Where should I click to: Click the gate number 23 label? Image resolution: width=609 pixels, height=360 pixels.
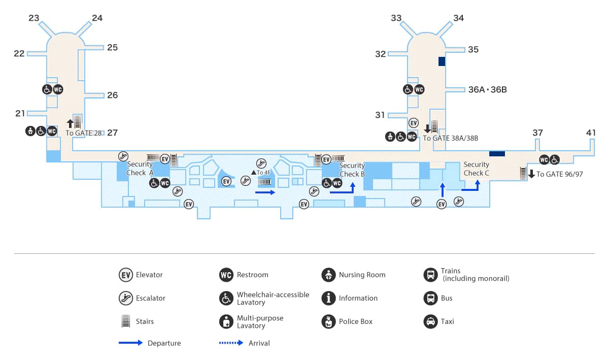click(x=34, y=18)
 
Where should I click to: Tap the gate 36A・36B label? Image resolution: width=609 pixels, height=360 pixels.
click(x=487, y=90)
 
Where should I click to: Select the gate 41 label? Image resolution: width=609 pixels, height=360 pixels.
click(x=591, y=133)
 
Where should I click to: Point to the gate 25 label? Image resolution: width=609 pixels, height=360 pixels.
click(x=112, y=48)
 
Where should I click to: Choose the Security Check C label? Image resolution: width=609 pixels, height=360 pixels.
click(x=476, y=169)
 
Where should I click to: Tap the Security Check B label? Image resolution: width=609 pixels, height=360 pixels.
click(x=352, y=170)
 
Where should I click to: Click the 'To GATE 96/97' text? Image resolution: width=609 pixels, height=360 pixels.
click(x=559, y=174)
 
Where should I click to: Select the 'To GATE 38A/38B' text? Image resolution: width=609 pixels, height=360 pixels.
click(x=451, y=138)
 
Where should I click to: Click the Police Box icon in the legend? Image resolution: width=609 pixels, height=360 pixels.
click(x=328, y=321)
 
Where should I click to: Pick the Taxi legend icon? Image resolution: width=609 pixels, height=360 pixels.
click(x=430, y=321)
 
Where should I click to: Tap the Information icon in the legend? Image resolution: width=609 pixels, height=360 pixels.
click(x=328, y=298)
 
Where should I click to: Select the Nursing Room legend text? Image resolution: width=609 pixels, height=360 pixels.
click(x=362, y=275)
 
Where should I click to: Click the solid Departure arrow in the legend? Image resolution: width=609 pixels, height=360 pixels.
click(x=130, y=343)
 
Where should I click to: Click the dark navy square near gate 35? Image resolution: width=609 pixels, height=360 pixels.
click(x=442, y=61)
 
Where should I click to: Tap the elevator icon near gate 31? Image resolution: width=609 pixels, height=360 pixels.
click(x=414, y=123)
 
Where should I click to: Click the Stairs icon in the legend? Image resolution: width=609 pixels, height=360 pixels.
click(x=125, y=321)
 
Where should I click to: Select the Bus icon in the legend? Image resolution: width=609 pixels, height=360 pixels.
click(x=430, y=298)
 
